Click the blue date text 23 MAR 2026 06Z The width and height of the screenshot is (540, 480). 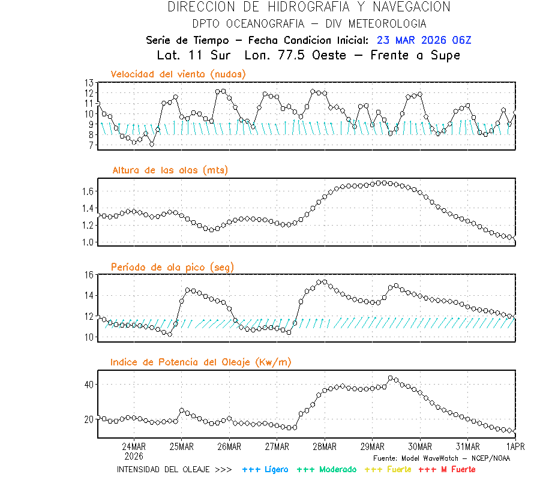pyautogui.click(x=424, y=40)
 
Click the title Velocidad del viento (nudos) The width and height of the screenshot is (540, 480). pyautogui.click(x=178, y=74)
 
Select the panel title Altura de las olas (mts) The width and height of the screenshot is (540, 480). pyautogui.click(x=170, y=170)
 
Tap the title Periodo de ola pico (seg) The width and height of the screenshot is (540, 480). pyautogui.click(x=172, y=266)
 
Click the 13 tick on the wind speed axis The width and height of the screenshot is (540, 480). pyautogui.click(x=89, y=83)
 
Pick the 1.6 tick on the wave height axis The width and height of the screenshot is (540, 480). pyautogui.click(x=87, y=191)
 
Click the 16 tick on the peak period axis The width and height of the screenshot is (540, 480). pyautogui.click(x=89, y=275)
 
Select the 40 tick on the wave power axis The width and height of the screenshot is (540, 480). pyautogui.click(x=89, y=384)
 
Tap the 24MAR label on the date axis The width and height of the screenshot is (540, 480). pyautogui.click(x=134, y=446)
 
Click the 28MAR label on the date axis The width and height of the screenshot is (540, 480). pyautogui.click(x=325, y=446)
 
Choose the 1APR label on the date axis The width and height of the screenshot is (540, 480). pyautogui.click(x=515, y=446)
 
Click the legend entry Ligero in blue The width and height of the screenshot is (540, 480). pyautogui.click(x=266, y=469)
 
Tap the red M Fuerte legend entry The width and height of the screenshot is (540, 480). pyautogui.click(x=446, y=469)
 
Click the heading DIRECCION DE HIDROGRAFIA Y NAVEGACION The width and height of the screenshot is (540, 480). pyautogui.click(x=308, y=7)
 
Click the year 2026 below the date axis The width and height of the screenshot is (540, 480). pyautogui.click(x=134, y=455)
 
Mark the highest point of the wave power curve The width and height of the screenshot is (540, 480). pyautogui.click(x=391, y=378)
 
